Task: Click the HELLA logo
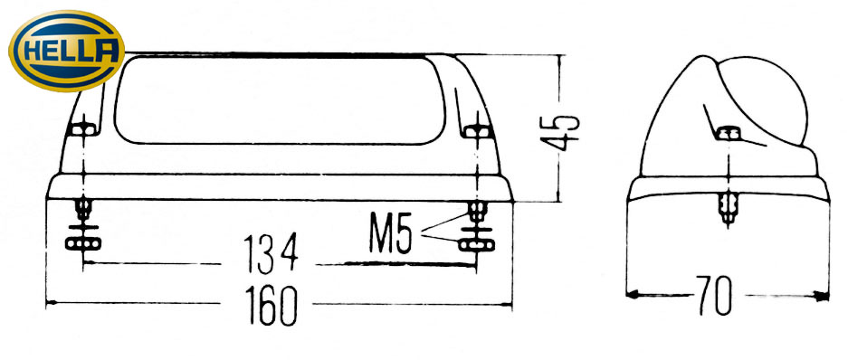[x=66, y=51]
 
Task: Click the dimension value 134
[x=271, y=254]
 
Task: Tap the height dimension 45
[x=559, y=133]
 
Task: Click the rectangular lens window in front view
[x=280, y=100]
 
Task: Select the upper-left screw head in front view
[x=83, y=130]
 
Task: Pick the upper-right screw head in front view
[x=477, y=132]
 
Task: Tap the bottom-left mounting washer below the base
[x=83, y=242]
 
